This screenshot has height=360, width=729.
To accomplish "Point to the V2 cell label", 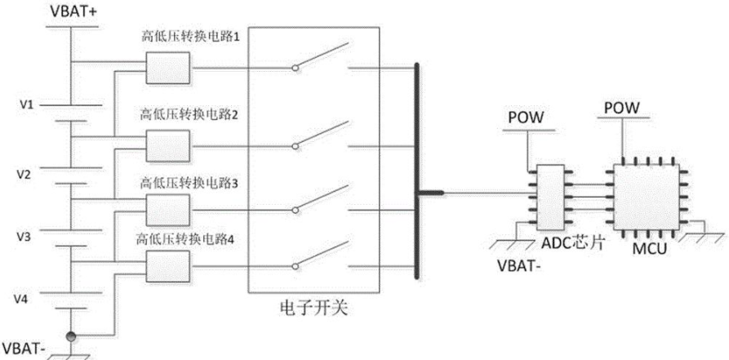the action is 24,176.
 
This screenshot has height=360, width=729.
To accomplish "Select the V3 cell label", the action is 24,238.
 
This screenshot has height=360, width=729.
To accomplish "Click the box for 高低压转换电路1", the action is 168,68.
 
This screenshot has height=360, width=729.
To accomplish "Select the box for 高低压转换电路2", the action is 168,146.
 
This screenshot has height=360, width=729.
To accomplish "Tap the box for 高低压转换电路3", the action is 168,211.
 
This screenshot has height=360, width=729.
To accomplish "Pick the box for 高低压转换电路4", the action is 168,266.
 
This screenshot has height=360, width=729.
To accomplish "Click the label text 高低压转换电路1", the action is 191,38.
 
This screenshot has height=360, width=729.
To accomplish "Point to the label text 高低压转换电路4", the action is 184,241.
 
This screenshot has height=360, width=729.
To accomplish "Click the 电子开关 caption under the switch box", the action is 313,309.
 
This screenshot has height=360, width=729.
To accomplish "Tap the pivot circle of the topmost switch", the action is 295,69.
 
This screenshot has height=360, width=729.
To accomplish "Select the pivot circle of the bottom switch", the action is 295,266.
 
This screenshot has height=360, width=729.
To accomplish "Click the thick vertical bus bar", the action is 416,171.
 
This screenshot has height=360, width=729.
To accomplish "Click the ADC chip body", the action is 549,198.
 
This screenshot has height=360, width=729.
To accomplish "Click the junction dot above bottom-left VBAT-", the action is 71,336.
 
